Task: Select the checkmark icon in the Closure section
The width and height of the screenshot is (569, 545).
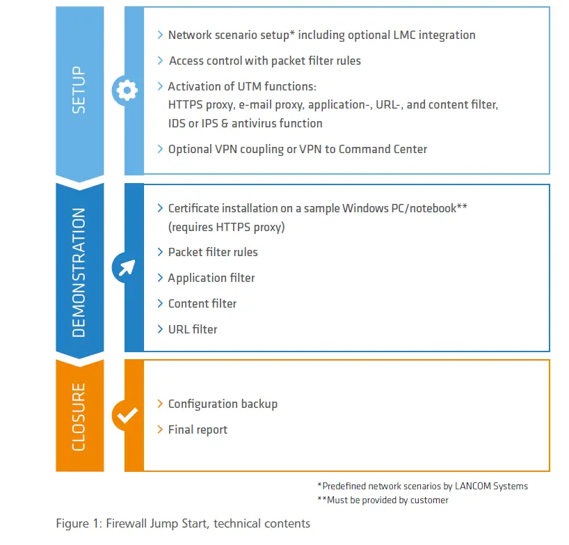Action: pos(126,416)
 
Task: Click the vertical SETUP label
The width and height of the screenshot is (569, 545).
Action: pos(79,90)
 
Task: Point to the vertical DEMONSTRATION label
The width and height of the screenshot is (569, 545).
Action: pos(79,271)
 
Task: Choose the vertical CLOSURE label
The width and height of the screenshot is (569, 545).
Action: pos(79,416)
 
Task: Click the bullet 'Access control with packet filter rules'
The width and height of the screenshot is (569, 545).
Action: pos(264,61)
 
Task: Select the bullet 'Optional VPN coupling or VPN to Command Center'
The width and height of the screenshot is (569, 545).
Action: pos(297,149)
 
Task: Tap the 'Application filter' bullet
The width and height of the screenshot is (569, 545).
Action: pos(211,278)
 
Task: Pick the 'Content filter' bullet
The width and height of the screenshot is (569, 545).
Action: pos(202,303)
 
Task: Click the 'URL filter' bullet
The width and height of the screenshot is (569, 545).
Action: pos(192,329)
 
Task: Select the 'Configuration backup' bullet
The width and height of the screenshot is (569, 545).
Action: pos(223,404)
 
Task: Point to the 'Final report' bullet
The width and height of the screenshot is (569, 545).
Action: pos(198,429)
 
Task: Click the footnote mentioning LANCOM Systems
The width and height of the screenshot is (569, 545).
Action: pos(422,486)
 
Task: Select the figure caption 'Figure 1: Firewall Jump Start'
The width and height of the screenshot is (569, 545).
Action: pos(183,523)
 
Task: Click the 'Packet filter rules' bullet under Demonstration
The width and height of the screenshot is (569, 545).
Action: pos(212,252)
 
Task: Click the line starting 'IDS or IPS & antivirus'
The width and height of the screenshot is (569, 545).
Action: pos(245,123)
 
